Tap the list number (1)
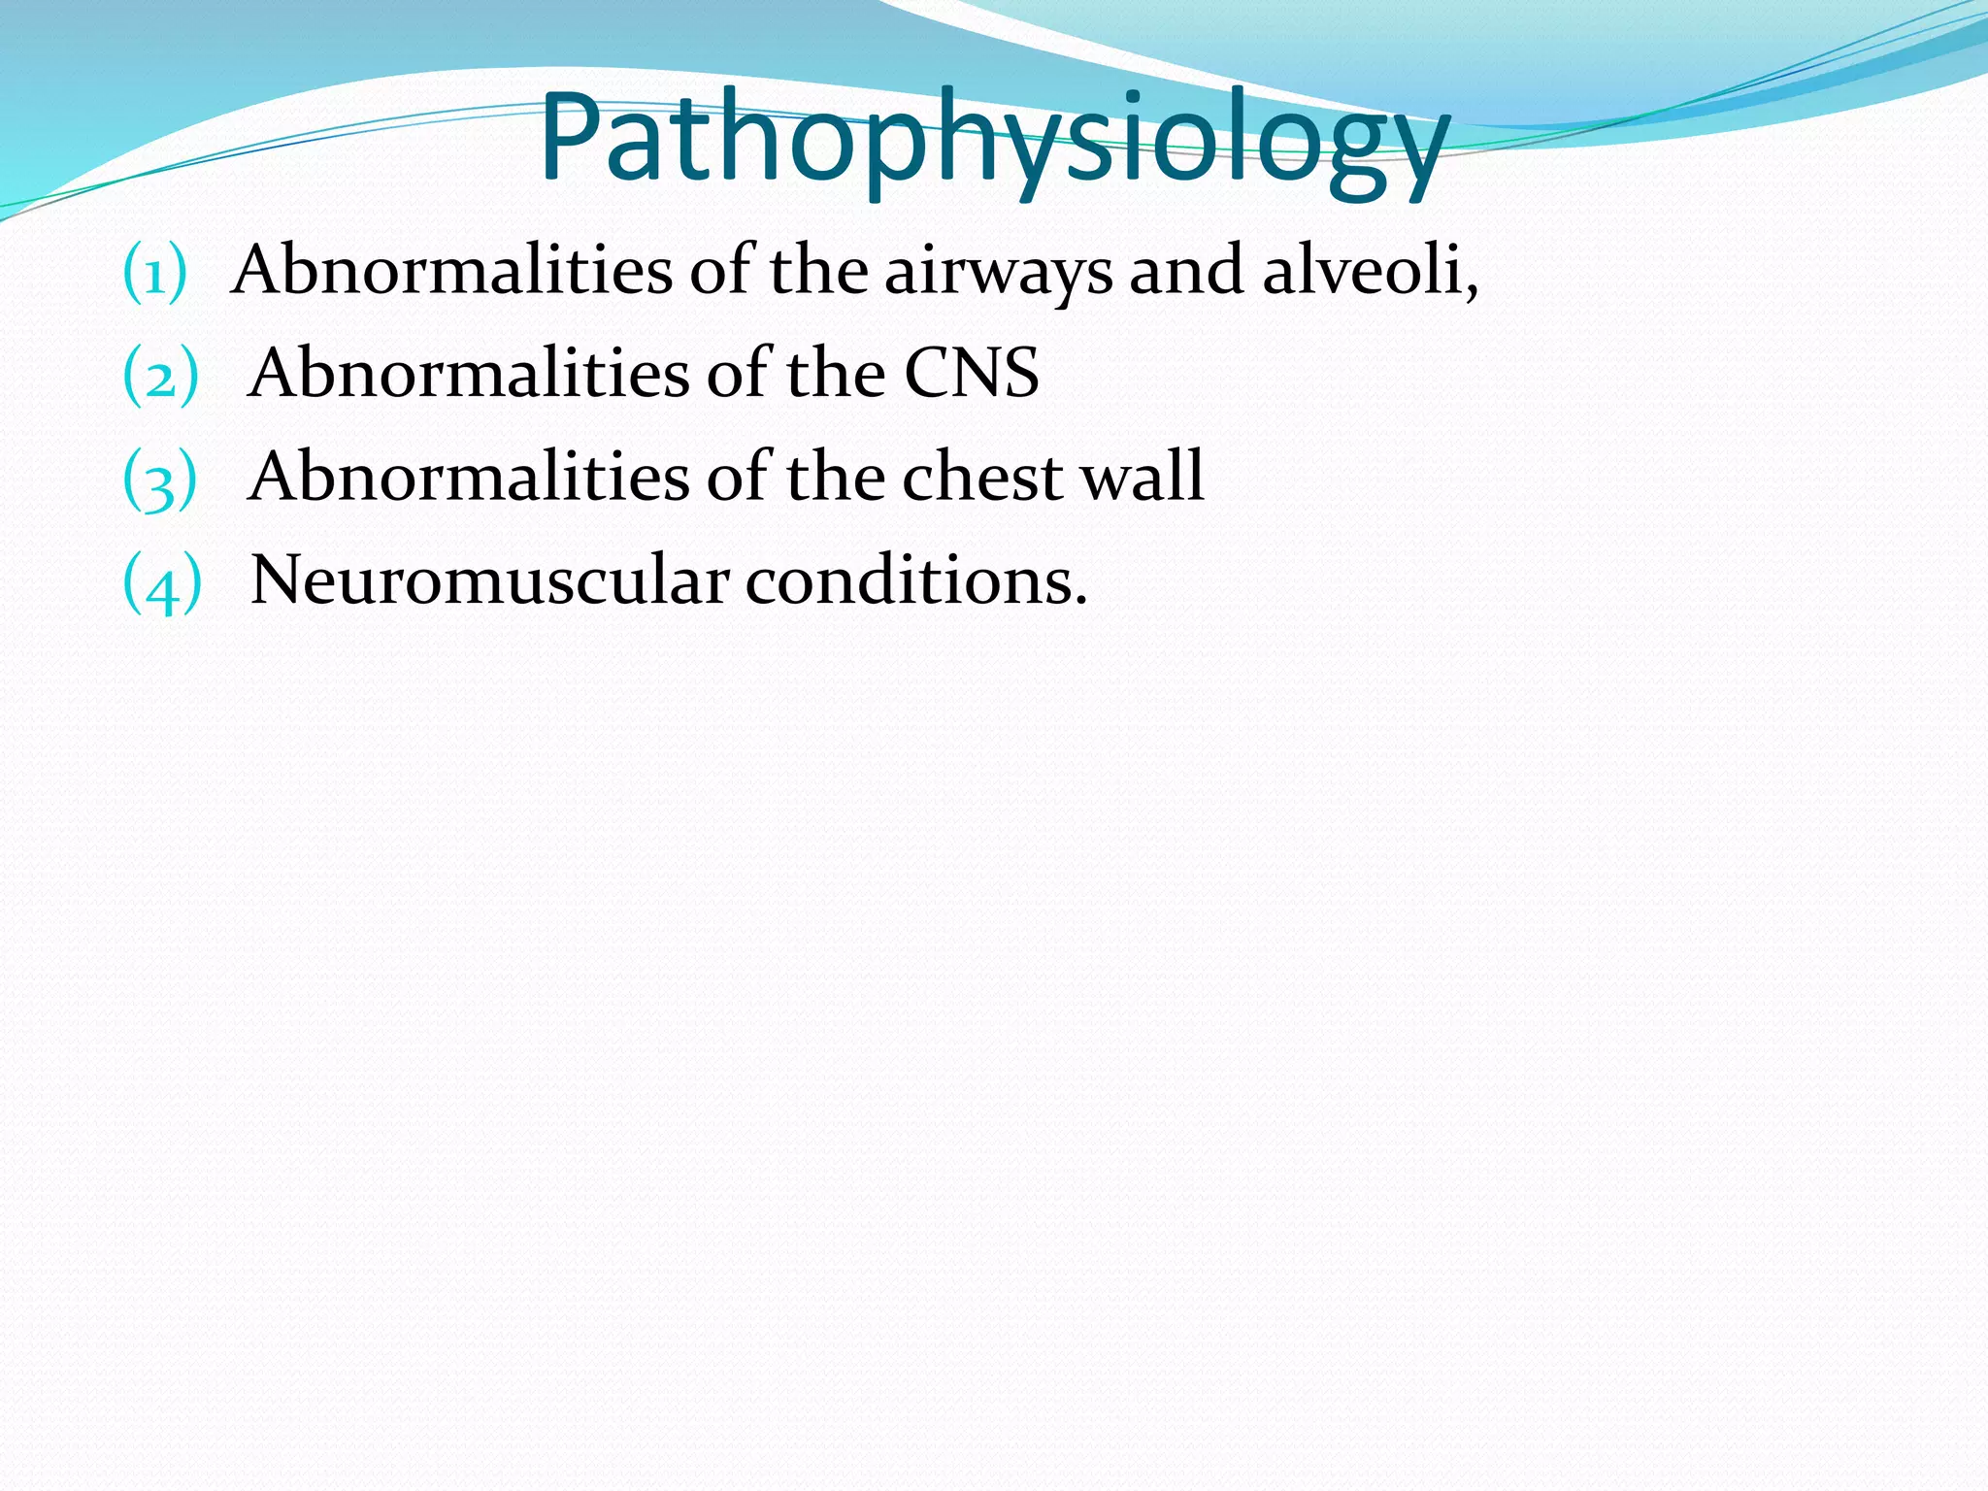click(154, 273)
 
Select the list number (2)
click(160, 376)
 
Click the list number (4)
click(162, 583)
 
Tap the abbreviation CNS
click(971, 374)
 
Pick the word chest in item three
click(981, 478)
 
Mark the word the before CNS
click(835, 374)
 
